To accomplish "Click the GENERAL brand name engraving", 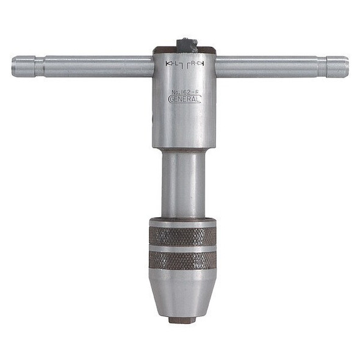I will (x=184, y=99).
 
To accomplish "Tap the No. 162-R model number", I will (x=184, y=92).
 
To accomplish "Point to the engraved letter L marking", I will (x=175, y=63).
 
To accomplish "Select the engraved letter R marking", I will (x=194, y=63).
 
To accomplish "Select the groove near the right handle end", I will (x=322, y=67).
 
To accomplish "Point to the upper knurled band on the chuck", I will (x=183, y=236).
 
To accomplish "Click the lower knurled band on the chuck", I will (x=183, y=260).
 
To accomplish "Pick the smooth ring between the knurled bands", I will (x=183, y=248).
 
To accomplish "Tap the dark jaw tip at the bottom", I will (x=182, y=319).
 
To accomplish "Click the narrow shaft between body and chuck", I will (x=183, y=183).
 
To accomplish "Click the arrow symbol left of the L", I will (x=168, y=63).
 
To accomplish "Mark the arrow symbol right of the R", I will (x=202, y=63).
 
